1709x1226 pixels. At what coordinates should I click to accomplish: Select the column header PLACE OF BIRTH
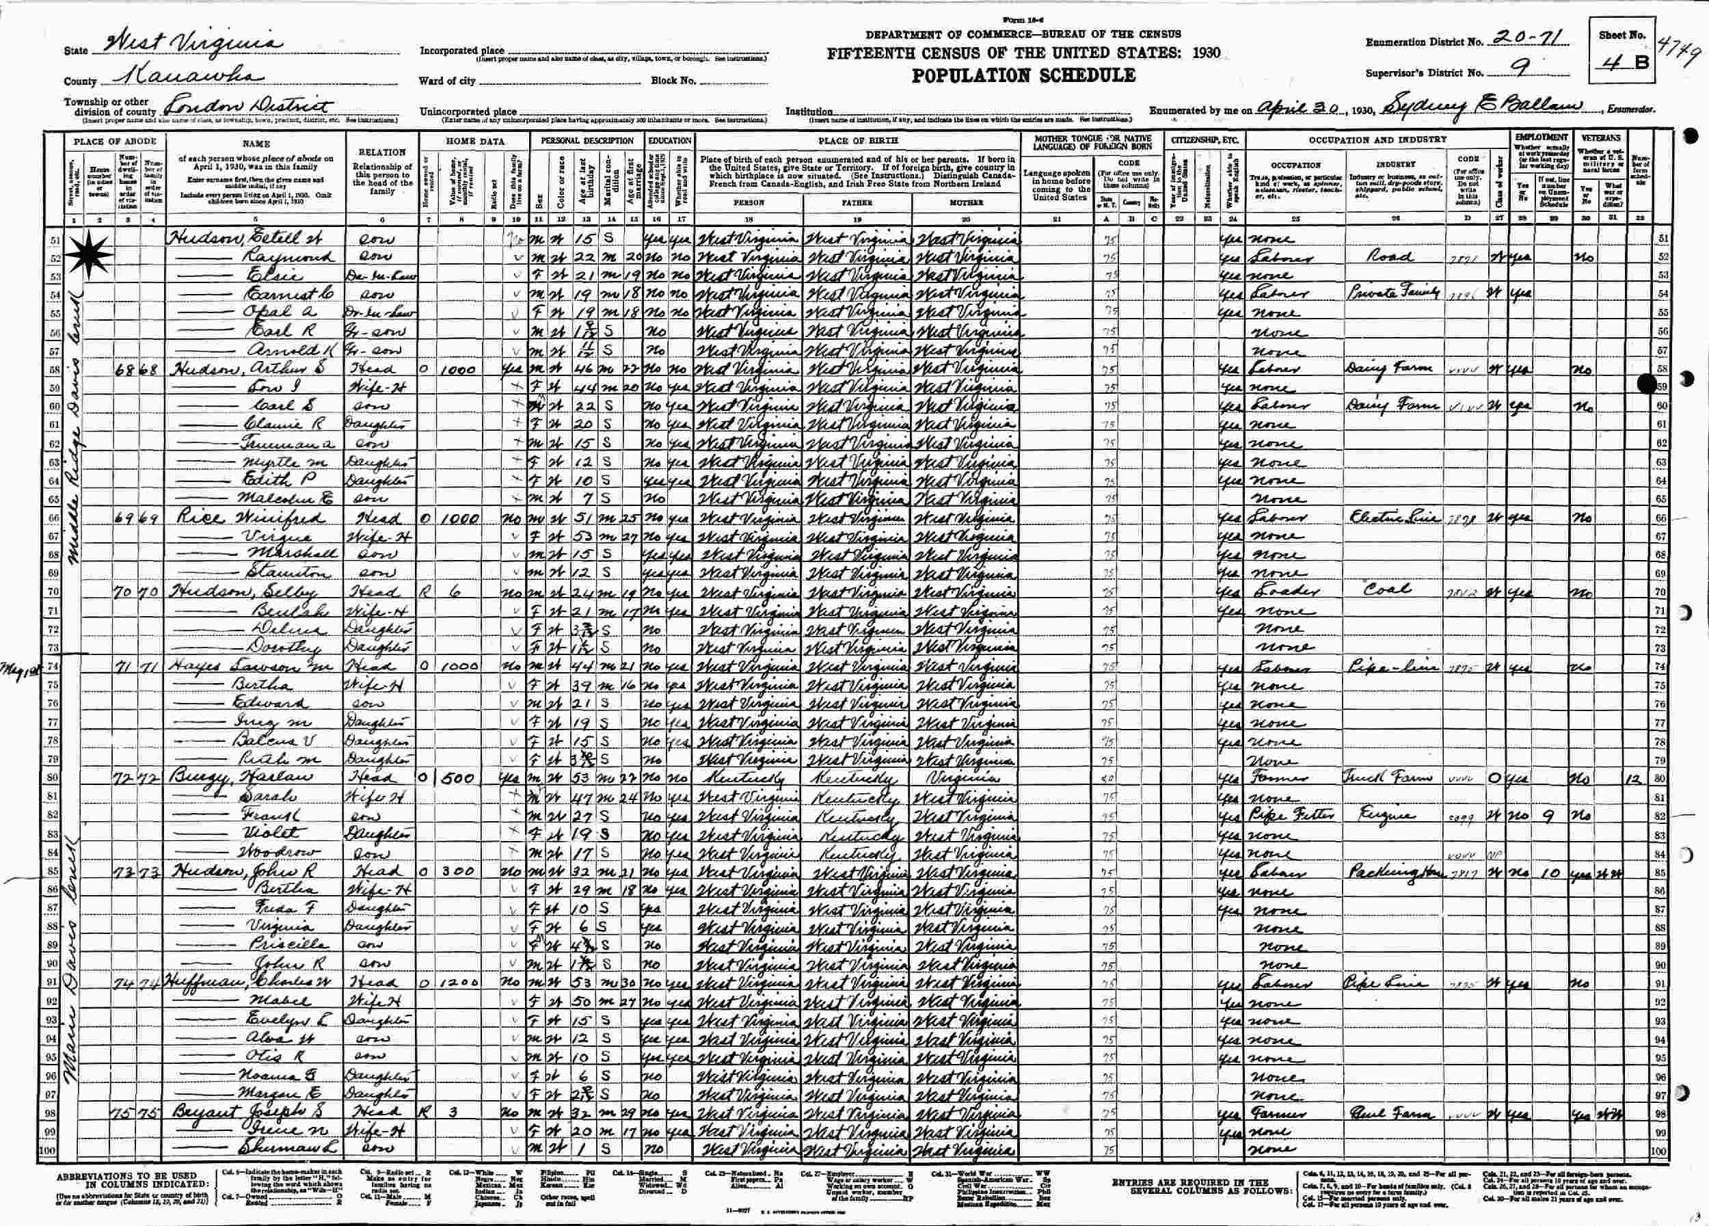[x=854, y=140]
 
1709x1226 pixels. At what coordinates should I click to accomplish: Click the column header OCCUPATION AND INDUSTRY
[x=1376, y=140]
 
